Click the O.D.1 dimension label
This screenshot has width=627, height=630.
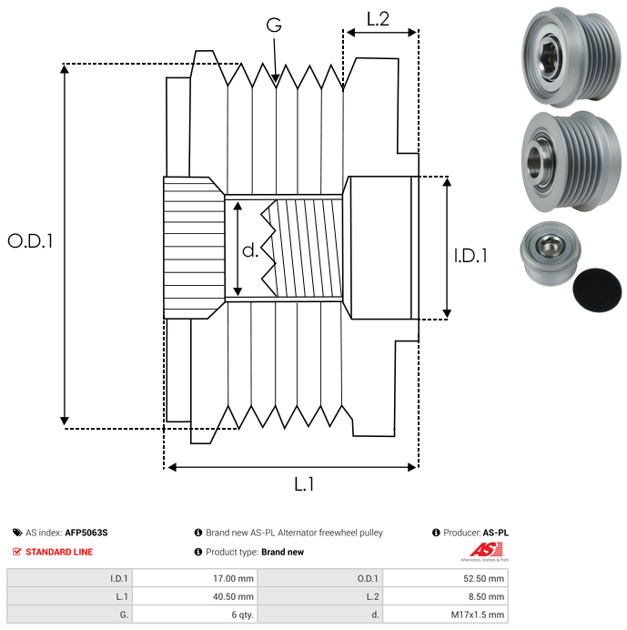[x=30, y=241]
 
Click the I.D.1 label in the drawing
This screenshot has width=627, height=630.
[x=470, y=257]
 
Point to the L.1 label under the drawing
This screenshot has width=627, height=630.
[x=304, y=485]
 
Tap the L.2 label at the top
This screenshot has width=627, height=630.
[x=378, y=18]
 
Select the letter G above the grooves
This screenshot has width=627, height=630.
[x=273, y=26]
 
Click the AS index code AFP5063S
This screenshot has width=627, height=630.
[x=92, y=533]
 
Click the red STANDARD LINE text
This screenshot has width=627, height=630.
[x=58, y=552]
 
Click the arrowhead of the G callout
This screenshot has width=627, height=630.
[x=276, y=81]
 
